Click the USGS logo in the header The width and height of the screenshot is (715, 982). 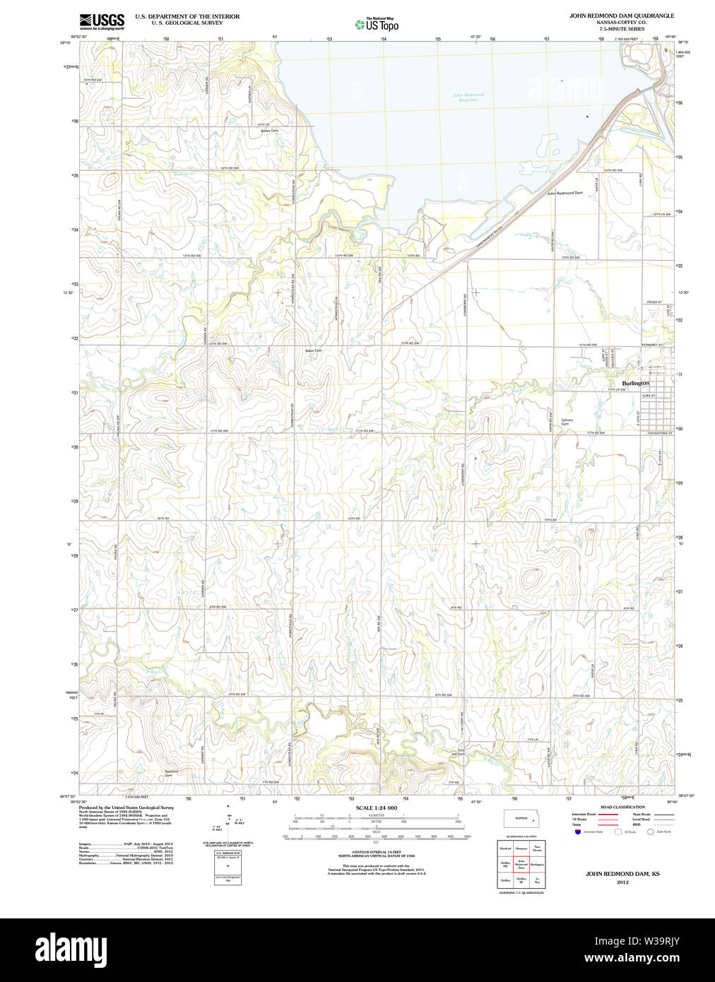click(102, 21)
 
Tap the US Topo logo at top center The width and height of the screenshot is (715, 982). click(377, 24)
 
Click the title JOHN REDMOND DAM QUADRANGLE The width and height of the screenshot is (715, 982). click(622, 16)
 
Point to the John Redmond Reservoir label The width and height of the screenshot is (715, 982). click(468, 97)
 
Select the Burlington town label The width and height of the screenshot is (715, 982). click(635, 383)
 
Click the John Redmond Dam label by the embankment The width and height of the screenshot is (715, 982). click(565, 193)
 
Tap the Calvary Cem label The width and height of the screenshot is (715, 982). click(567, 422)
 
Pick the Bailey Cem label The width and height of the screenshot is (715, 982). click(269, 131)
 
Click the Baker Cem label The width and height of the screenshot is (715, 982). click(313, 350)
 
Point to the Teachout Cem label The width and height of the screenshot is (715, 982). click(171, 773)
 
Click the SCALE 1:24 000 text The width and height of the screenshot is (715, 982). click(376, 808)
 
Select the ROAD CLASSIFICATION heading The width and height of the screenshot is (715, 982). click(622, 807)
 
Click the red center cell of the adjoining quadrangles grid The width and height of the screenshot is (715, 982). click(521, 863)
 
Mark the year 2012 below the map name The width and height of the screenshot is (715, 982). click(622, 882)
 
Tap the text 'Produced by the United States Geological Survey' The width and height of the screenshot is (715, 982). click(126, 808)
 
